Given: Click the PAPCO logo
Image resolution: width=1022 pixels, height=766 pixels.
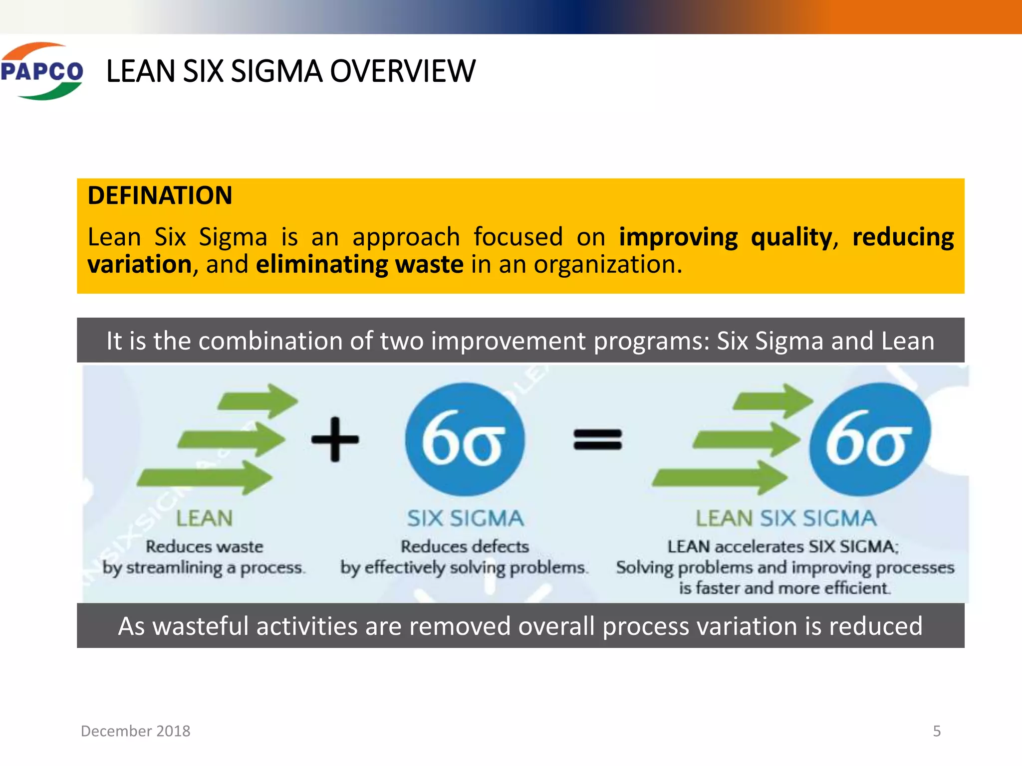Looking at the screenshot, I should tap(42, 71).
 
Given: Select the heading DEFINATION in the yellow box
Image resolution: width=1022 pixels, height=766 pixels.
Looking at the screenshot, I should tap(160, 195).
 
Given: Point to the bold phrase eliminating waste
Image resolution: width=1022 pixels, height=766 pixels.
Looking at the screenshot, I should tap(359, 264).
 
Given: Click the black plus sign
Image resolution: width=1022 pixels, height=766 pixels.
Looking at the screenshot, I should tap(335, 439).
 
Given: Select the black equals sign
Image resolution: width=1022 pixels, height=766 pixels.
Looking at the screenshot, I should tap(597, 439).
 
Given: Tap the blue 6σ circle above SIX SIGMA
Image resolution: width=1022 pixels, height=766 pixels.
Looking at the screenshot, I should tap(465, 439).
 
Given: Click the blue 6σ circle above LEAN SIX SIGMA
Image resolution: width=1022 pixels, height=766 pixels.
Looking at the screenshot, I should tap(869, 439).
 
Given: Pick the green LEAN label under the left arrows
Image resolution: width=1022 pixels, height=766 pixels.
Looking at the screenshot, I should tap(204, 519).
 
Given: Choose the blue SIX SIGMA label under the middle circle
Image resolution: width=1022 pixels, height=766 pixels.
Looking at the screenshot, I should tap(465, 519).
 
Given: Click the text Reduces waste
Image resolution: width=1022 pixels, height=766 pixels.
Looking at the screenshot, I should tap(204, 547).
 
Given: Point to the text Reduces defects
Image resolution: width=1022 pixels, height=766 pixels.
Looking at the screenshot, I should tap(465, 547).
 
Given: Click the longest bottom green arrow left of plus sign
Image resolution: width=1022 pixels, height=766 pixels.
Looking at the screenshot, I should tap(205, 478).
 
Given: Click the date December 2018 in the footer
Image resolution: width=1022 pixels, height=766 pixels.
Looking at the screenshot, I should tap(135, 731).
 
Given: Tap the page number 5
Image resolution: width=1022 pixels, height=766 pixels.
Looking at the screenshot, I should tap(937, 731).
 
